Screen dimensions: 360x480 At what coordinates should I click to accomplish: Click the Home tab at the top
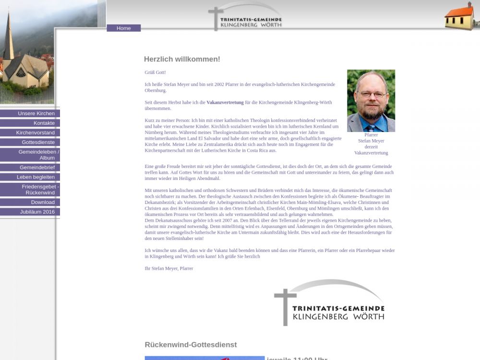coord(123,28)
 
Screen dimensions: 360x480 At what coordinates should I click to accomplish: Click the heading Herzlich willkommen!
coord(182,60)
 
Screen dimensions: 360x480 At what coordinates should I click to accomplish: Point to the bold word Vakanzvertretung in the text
coord(225,102)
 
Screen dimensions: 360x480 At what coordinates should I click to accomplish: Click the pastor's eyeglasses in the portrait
coord(372,95)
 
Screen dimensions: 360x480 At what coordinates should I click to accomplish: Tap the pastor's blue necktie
coord(371,127)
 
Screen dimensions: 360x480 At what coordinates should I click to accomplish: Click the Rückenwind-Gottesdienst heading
coord(191,345)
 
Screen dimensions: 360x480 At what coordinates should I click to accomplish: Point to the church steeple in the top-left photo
coord(8,38)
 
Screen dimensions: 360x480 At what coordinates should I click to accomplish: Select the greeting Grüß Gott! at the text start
coord(155,72)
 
